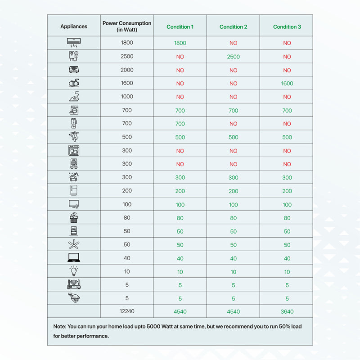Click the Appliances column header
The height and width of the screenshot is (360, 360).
tap(74, 27)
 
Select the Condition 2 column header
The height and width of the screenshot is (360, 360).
tap(233, 27)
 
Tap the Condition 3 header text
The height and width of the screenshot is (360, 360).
tap(287, 27)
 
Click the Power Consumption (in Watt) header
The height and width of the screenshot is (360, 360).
tap(127, 27)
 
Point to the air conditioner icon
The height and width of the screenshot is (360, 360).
tap(74, 43)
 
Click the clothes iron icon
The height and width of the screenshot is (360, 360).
tap(74, 96)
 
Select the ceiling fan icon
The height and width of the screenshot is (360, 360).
tap(74, 244)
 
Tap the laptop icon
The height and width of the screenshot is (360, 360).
tap(74, 258)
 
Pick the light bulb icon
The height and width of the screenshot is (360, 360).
tap(74, 271)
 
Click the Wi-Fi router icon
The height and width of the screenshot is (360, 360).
tap(74, 284)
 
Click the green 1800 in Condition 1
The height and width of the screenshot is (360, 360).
tap(180, 43)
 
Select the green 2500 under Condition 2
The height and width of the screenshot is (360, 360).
tap(233, 57)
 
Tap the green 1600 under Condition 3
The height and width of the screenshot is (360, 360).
tap(287, 83)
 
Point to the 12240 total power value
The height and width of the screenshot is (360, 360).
tap(127, 311)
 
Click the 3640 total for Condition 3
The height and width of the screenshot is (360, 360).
tap(287, 311)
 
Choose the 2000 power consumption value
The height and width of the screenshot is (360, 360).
tap(127, 70)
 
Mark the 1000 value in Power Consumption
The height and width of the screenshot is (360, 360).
tap(127, 96)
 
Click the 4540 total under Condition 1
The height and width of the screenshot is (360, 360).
tap(180, 311)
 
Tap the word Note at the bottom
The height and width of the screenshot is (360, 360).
tap(59, 326)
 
